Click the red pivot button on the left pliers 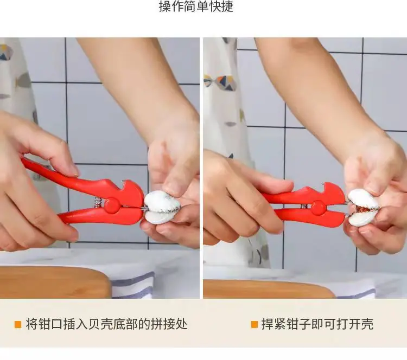tap(112, 205)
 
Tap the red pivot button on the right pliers tap(318, 208)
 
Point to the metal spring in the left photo tap(97, 202)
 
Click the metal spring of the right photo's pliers tap(304, 207)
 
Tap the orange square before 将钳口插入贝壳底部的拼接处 tap(18, 324)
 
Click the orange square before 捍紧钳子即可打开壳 tap(255, 324)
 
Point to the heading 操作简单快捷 tap(196, 6)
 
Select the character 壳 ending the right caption tap(367, 324)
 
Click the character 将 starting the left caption tap(31, 324)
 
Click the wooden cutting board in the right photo tap(268, 288)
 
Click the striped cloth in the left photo tap(132, 285)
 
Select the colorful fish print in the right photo tap(221, 82)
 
